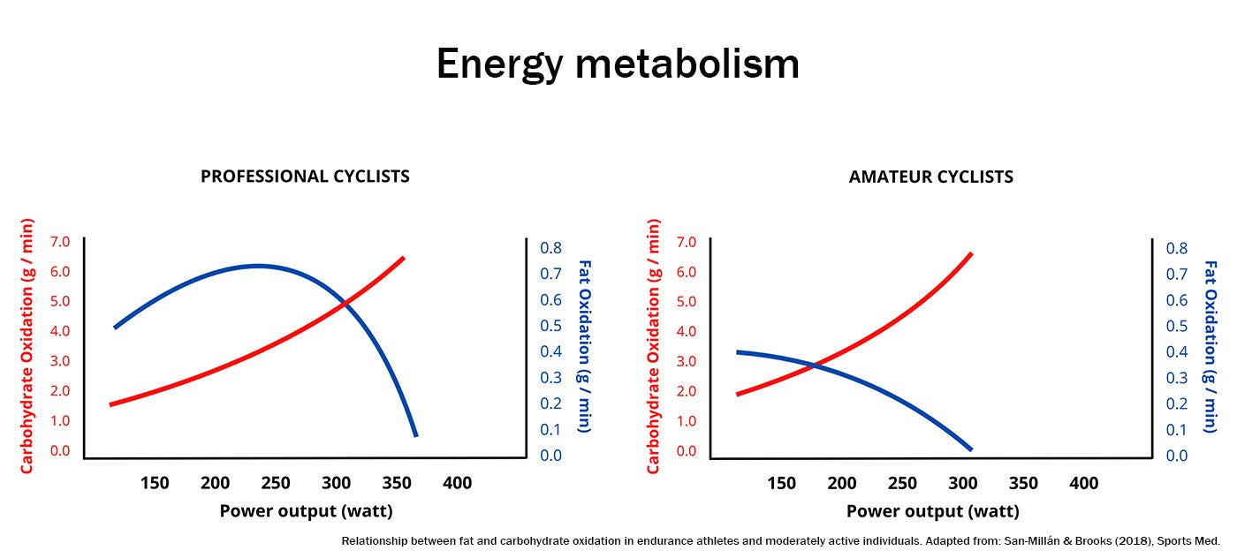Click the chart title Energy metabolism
tap(618, 64)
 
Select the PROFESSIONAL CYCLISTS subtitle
tap(305, 176)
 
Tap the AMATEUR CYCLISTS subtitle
tap(930, 177)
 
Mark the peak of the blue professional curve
tap(257, 266)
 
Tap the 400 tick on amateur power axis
tap(1083, 483)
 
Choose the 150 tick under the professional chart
tap(155, 483)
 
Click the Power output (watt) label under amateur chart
tap(932, 511)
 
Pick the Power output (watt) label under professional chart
tap(306, 511)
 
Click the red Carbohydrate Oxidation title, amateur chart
tap(654, 346)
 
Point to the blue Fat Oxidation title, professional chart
tap(584, 345)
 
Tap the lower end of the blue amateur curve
tap(971, 449)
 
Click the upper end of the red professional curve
tap(404, 257)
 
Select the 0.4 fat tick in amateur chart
tap(1178, 352)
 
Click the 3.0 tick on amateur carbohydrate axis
tap(686, 361)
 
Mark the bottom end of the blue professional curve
tap(415, 434)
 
